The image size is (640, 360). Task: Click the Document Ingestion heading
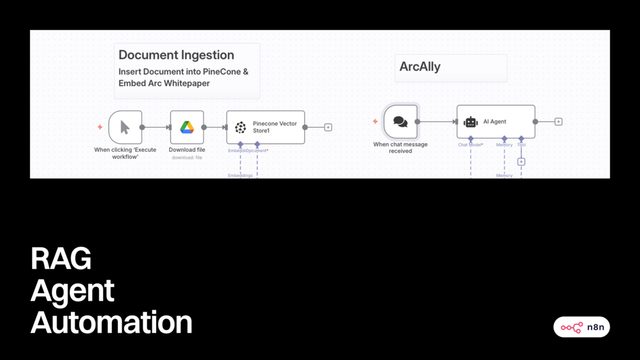[176, 55]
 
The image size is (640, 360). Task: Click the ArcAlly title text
[420, 67]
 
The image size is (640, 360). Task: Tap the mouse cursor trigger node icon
[125, 127]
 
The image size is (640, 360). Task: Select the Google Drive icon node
[187, 127]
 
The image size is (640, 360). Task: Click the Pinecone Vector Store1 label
[274, 127]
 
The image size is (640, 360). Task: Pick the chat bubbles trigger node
[401, 122]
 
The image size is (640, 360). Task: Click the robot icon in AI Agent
[471, 122]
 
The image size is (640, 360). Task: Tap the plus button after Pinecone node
[328, 127]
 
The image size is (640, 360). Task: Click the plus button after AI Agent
[558, 122]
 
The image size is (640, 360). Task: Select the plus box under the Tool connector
[521, 162]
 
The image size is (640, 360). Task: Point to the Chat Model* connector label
[471, 145]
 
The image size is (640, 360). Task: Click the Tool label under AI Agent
[521, 145]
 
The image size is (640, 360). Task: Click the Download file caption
[187, 150]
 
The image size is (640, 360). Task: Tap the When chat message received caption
[400, 148]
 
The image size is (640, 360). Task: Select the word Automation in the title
[111, 322]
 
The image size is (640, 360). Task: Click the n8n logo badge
[581, 327]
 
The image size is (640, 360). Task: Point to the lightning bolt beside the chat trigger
[375, 122]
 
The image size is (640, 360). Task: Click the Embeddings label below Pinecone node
[240, 175]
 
